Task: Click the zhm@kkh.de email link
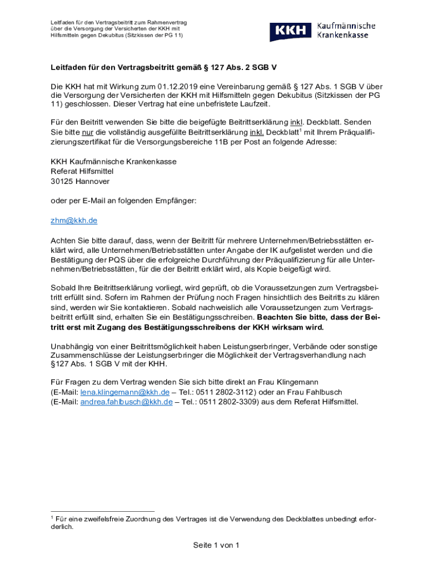(74, 220)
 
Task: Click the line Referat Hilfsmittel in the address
(82, 171)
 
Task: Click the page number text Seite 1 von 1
(216, 545)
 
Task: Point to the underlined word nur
(87, 132)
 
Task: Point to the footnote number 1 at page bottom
(52, 517)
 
